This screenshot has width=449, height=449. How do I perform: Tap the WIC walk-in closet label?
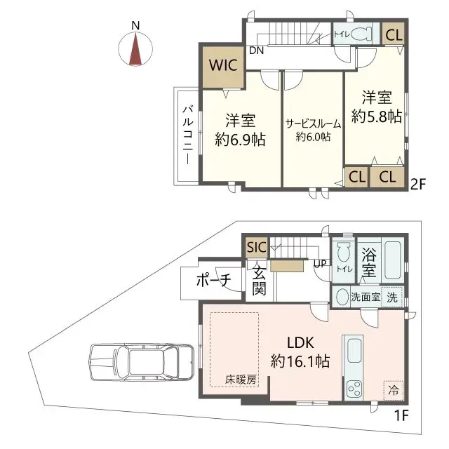pos(223,66)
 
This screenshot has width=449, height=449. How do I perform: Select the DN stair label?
pos(257,51)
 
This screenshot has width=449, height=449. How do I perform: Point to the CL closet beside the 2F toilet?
pos(394,34)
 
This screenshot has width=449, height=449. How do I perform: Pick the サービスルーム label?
pos(313,123)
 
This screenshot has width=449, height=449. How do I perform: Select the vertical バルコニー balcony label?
pos(188,135)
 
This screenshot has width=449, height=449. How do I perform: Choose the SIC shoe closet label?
pos(256,246)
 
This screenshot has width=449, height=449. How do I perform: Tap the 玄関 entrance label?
pos(259,281)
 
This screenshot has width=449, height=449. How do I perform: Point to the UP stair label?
pos(320,264)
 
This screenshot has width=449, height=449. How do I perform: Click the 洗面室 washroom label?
pos(366,297)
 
